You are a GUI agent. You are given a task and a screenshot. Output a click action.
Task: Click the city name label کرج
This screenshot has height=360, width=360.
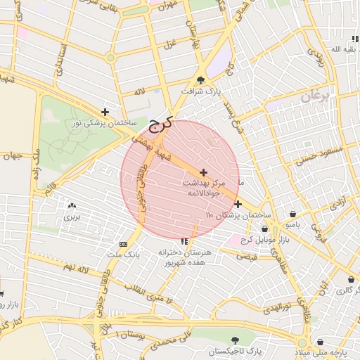[160, 125]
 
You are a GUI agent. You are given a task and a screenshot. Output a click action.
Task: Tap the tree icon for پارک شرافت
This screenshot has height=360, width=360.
[201, 80]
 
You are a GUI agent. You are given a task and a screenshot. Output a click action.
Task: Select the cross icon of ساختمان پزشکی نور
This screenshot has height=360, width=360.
[105, 112]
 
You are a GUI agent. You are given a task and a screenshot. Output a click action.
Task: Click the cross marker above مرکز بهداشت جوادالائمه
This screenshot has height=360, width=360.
[203, 172]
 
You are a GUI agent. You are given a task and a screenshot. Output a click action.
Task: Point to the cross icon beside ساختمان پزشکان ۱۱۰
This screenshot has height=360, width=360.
[238, 204]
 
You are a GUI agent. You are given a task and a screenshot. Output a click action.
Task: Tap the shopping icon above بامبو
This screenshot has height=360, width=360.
[292, 214]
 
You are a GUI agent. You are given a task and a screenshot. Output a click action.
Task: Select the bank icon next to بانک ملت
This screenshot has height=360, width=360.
[124, 244]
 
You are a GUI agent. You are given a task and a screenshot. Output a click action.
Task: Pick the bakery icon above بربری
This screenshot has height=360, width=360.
[71, 206]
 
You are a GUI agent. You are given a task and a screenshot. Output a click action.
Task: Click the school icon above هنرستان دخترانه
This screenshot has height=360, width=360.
[185, 241]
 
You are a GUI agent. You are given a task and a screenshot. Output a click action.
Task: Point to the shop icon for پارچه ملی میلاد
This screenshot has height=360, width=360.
[321, 341]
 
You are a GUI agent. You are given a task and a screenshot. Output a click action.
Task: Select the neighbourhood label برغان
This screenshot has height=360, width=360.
[314, 96]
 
